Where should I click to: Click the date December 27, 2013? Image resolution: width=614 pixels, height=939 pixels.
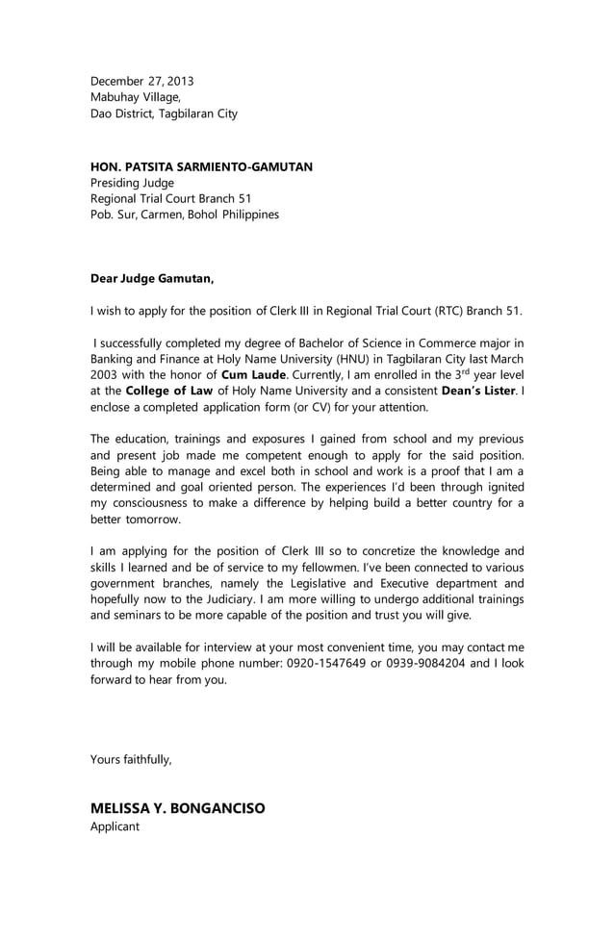[141, 81]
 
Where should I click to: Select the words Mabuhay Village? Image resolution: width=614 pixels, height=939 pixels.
[134, 97]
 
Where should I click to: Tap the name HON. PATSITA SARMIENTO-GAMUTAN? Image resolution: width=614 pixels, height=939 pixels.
[201, 166]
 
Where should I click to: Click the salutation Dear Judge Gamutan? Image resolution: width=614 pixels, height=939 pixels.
[152, 279]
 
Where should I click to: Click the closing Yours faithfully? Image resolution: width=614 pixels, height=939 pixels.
[131, 760]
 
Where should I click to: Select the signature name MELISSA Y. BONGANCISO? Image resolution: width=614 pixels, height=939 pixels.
[177, 808]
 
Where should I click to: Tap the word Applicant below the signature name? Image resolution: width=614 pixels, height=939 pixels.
[115, 826]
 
